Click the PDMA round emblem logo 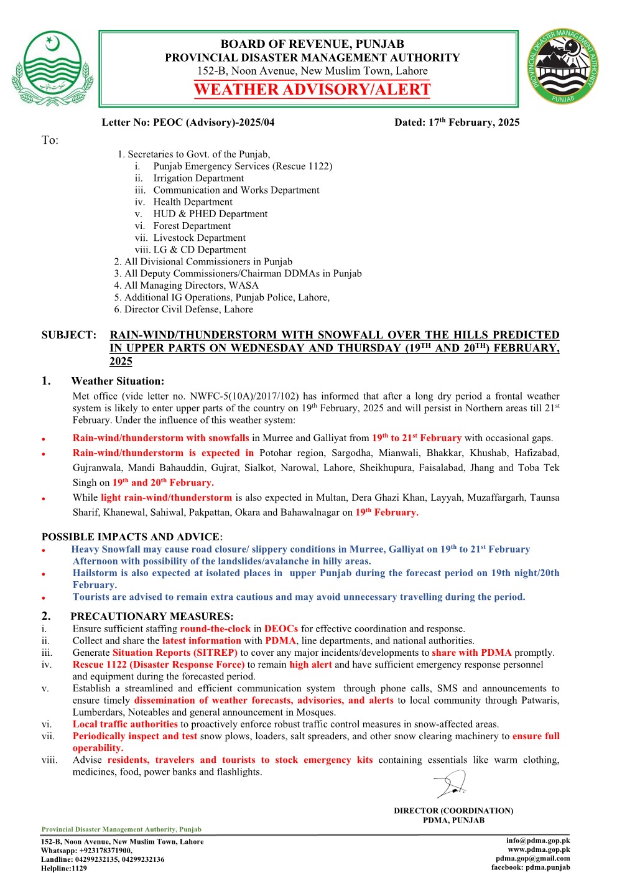[564, 67]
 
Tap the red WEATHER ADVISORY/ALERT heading [312, 90]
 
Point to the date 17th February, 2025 [474, 123]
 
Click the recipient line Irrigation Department [198, 178]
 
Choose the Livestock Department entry [199, 238]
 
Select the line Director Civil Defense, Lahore [188, 309]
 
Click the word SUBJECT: [69, 335]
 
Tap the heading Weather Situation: [118, 381]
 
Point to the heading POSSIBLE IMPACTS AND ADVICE [131, 536]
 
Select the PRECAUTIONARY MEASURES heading [152, 617]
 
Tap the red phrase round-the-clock [215, 629]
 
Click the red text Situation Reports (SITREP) [175, 653]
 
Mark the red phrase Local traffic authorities [125, 724]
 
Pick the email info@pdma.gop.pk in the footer [538, 841]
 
